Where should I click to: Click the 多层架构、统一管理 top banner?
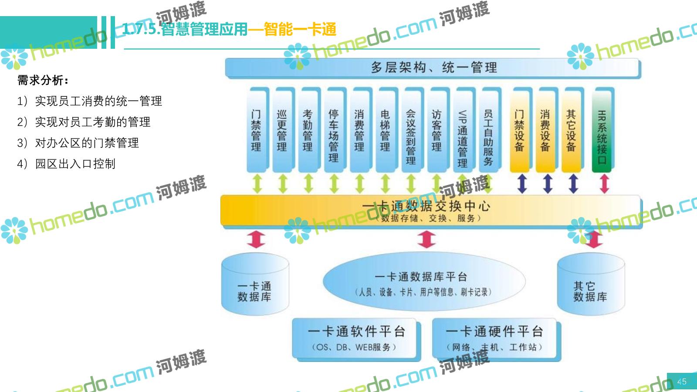tap(433, 68)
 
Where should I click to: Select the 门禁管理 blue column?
tap(256, 130)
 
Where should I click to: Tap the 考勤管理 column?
tap(308, 130)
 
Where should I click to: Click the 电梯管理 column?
tap(385, 130)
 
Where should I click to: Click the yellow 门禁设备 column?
tap(519, 130)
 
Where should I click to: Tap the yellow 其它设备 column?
tap(571, 130)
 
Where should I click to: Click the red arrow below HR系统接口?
tap(604, 184)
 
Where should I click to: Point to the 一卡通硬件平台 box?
tap(495, 339)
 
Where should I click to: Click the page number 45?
tap(681, 382)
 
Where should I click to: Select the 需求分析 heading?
tap(43, 80)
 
